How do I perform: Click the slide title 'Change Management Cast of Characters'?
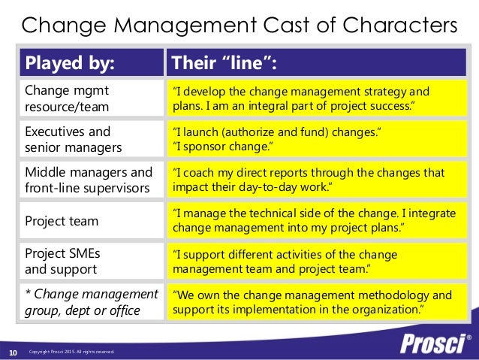pyautogui.click(x=239, y=25)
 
